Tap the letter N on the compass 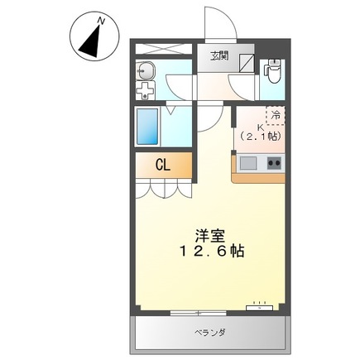pos(101,18)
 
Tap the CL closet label pos(163,165)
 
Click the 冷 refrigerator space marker pos(275,117)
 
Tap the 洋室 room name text pos(208,235)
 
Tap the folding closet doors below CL pos(163,188)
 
